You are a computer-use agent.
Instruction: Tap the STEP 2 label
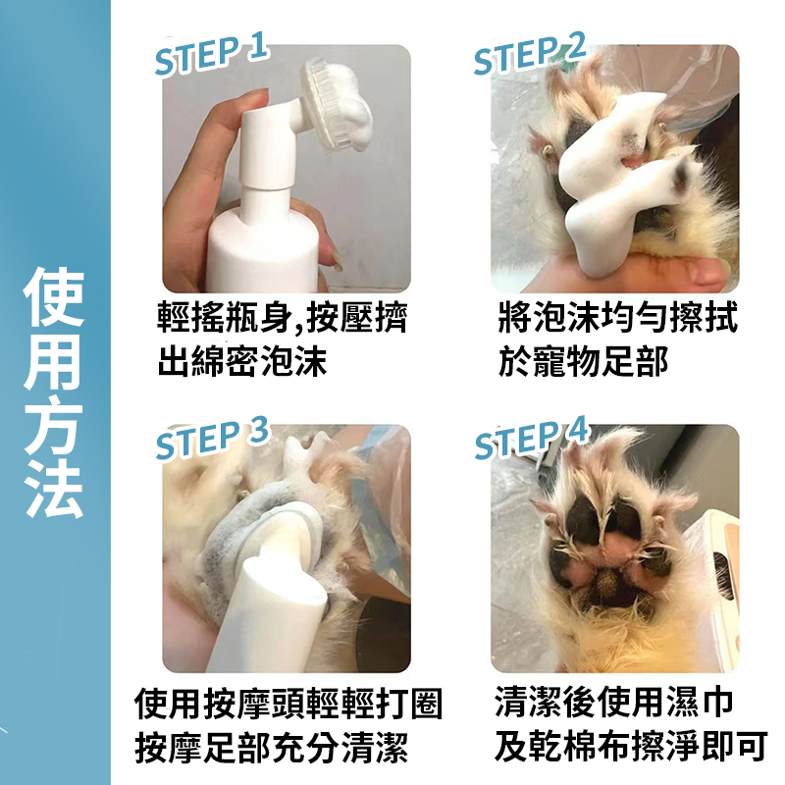(530, 54)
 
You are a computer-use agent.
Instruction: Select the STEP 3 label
(211, 438)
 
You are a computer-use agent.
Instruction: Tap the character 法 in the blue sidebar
(55, 488)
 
